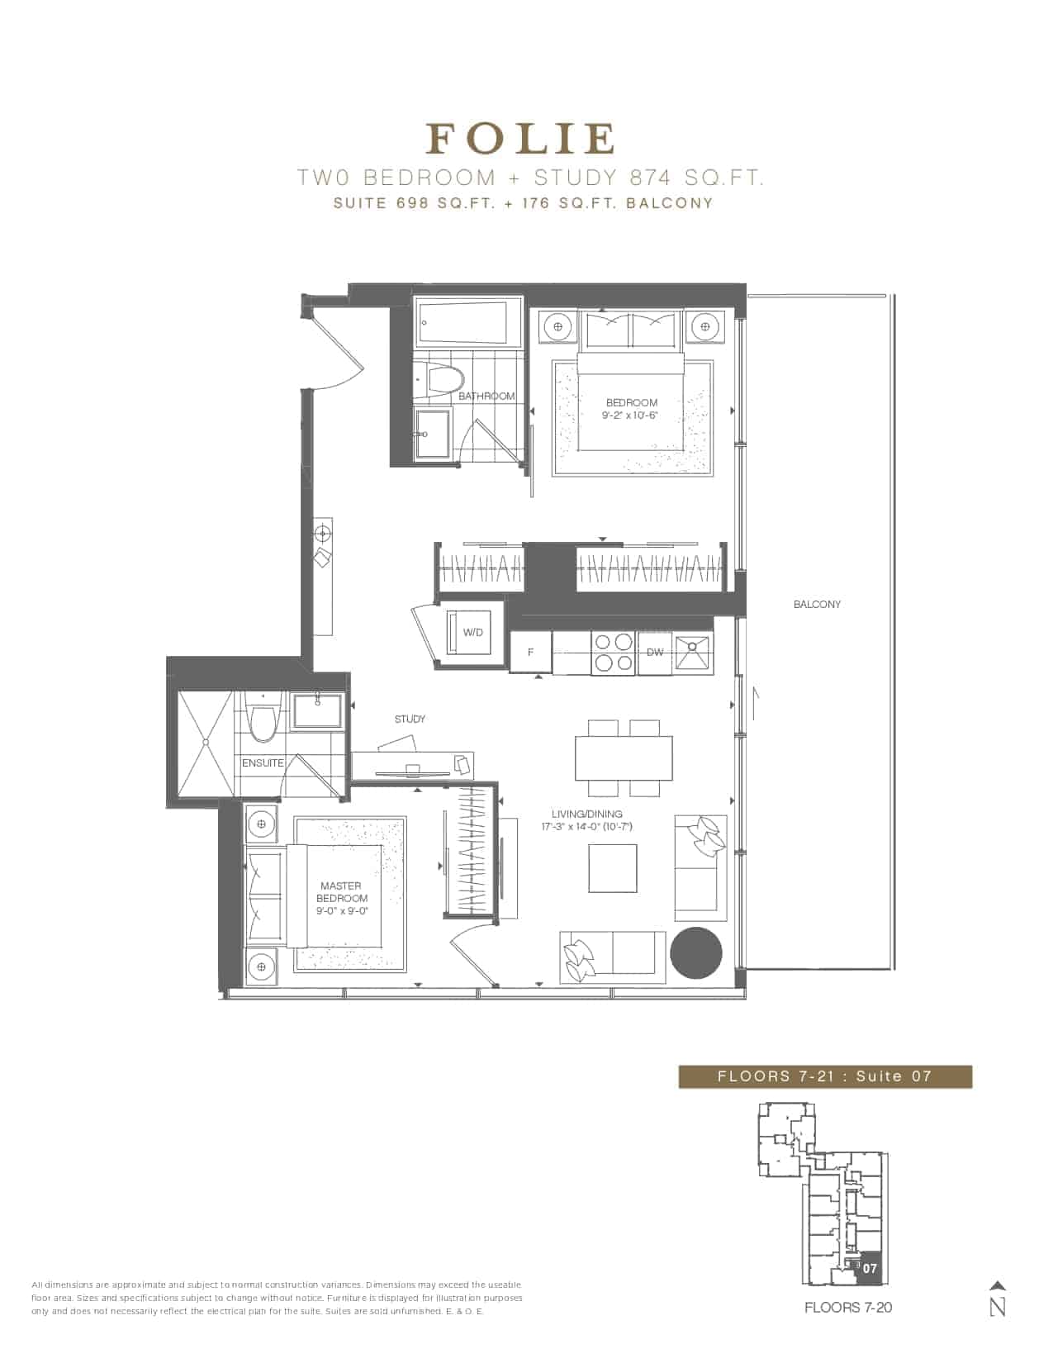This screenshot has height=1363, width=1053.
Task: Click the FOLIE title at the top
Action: [x=520, y=139]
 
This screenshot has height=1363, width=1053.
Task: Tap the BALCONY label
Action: [x=817, y=605]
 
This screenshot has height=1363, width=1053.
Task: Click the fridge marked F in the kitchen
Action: [x=530, y=653]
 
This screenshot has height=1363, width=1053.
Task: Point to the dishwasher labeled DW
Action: [x=655, y=653]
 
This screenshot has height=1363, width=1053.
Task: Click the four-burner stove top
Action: [x=614, y=653]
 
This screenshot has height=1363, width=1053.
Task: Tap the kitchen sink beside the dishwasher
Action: [x=693, y=653]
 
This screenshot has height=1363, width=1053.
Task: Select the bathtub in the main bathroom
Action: [x=467, y=323]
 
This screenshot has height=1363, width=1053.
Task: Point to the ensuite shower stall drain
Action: [x=206, y=743]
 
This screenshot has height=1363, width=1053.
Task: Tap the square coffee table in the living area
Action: [x=613, y=868]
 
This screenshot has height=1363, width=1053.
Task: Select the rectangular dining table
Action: [x=624, y=757]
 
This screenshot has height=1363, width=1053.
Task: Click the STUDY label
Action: [x=410, y=719]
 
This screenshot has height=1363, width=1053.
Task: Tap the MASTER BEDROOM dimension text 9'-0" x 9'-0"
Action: [x=342, y=910]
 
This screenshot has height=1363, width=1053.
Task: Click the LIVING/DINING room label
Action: [x=587, y=814]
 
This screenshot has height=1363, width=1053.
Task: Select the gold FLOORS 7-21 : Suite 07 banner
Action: [x=825, y=1076]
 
